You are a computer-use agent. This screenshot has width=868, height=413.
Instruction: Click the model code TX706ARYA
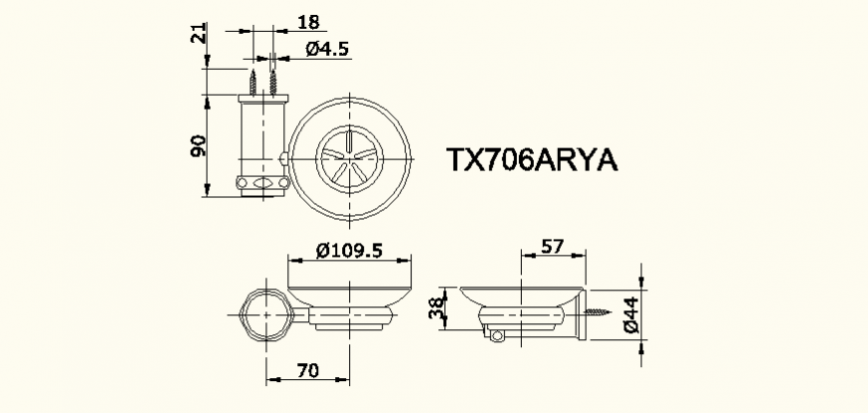pyautogui.click(x=532, y=161)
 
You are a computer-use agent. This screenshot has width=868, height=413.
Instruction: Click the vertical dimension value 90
pyautogui.click(x=199, y=146)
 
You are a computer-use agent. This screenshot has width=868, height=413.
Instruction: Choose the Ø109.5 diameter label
pyautogui.click(x=349, y=251)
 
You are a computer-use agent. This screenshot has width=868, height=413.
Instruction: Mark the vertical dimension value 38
pyautogui.click(x=436, y=312)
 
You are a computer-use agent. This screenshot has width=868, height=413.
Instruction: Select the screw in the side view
pyautogui.click(x=600, y=311)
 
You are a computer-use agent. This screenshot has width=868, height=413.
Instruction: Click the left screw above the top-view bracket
pyautogui.click(x=254, y=80)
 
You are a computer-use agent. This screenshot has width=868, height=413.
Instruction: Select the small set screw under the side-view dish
pyautogui.click(x=492, y=338)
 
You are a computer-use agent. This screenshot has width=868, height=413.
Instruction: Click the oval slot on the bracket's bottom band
pyautogui.click(x=262, y=184)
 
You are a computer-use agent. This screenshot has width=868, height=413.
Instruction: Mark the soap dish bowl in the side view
pyautogui.click(x=520, y=295)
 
